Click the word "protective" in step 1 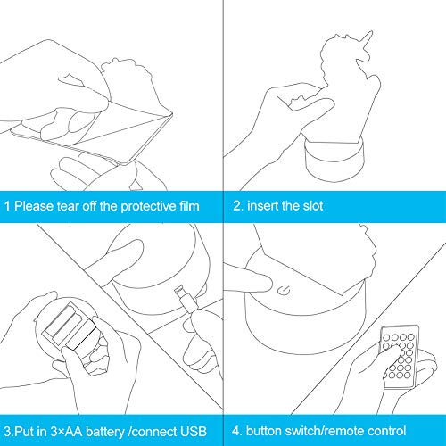[148, 207]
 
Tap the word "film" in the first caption [189, 206]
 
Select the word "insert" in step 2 [262, 206]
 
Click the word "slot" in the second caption [313, 206]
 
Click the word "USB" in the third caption [194, 432]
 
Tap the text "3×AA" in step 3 [66, 432]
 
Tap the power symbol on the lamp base [284, 290]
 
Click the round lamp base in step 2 [334, 160]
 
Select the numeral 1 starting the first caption [7, 206]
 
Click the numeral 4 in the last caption [235, 431]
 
